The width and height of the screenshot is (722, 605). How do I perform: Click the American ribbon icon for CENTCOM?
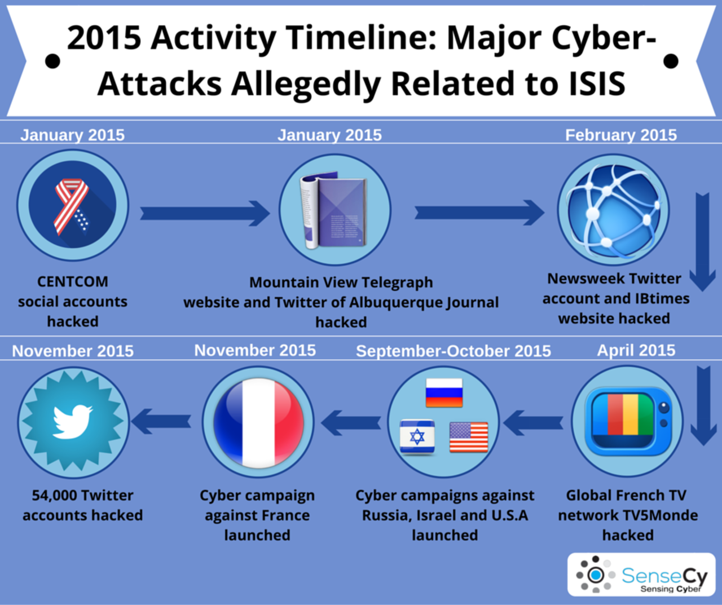(x=71, y=207)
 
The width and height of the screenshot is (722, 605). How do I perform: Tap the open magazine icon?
(x=333, y=210)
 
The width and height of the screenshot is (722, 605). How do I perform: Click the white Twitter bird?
(x=73, y=421)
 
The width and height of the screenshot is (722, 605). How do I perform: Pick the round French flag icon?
(x=258, y=422)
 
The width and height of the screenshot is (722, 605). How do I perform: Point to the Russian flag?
(x=444, y=392)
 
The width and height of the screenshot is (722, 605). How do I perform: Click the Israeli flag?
(x=417, y=436)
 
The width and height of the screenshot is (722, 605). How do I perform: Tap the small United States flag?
(x=469, y=437)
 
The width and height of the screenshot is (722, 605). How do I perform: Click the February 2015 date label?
(x=620, y=135)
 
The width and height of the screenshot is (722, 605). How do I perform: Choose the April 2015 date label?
(x=636, y=350)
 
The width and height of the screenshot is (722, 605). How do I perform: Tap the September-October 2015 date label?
(x=454, y=351)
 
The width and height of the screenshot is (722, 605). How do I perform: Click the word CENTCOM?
(x=73, y=282)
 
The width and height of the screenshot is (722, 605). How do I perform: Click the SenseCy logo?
(x=641, y=575)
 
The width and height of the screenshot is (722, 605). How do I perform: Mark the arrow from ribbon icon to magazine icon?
(x=205, y=213)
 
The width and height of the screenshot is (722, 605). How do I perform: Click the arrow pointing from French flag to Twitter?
(x=161, y=421)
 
